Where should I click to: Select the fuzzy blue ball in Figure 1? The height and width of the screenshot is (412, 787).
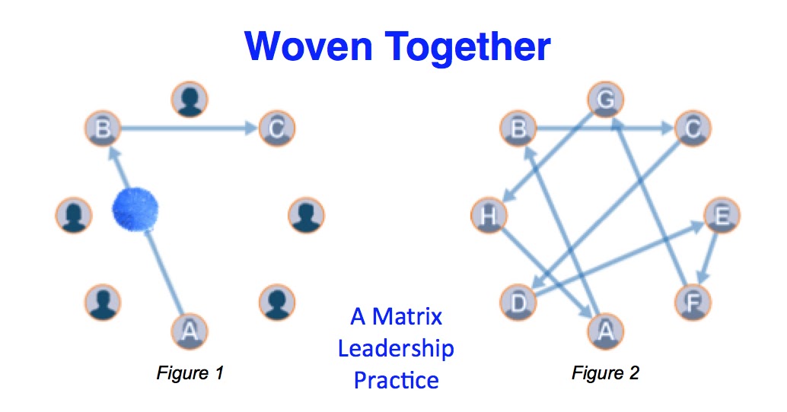coord(135,209)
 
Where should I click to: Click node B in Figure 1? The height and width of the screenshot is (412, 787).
coord(105,129)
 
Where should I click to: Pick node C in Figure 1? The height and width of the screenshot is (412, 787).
coord(276,129)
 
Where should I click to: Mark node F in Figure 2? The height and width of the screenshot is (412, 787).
coord(692,301)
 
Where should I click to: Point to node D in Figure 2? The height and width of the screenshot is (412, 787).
coord(518,301)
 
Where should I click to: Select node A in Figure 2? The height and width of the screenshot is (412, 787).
coord(605,330)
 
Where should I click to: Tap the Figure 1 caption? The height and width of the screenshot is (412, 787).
coord(190,372)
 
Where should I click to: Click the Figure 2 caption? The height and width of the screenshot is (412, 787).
coord(605,372)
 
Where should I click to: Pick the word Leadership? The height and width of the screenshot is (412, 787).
coord(396,348)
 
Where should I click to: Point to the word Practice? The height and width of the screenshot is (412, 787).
coord(396,380)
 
